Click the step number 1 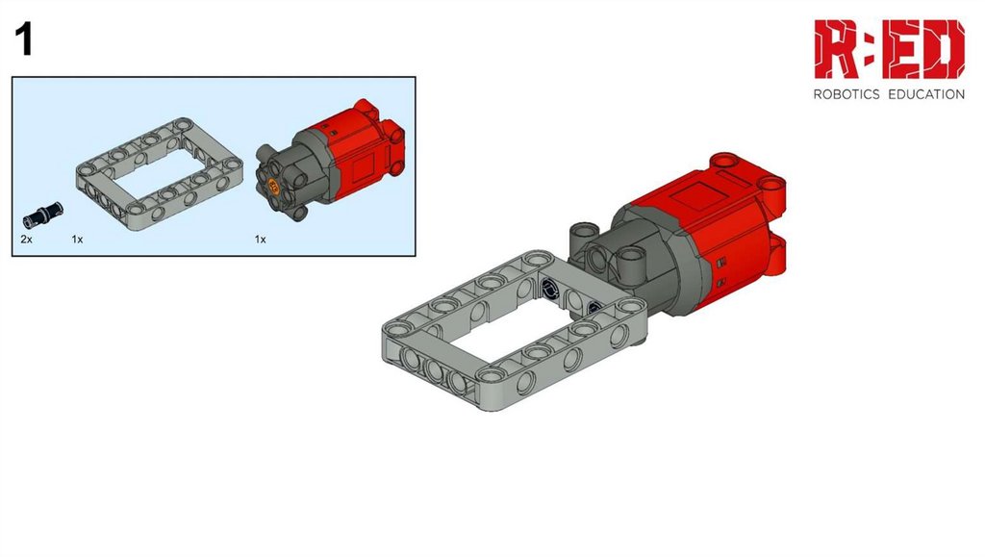(24, 39)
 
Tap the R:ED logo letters (889, 49)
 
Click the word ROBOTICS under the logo (846, 94)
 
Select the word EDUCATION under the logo (926, 94)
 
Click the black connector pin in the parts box (42, 215)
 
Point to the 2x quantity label (26, 240)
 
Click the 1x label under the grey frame (77, 240)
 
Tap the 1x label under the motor (260, 240)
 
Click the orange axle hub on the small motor (273, 186)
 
